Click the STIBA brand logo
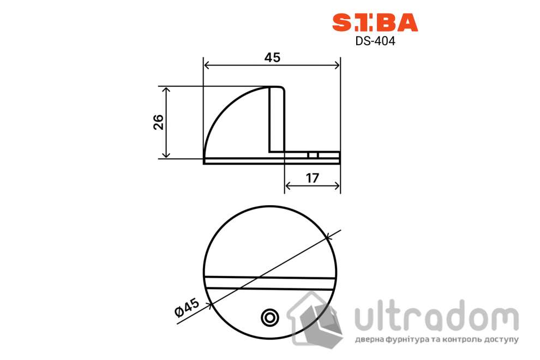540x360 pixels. click(375, 22)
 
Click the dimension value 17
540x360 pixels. click(312, 177)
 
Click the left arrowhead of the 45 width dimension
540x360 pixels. click(206, 65)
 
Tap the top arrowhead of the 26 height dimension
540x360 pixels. click(167, 89)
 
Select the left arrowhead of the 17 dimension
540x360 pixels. click(288, 185)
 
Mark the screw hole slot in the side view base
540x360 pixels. click(313, 155)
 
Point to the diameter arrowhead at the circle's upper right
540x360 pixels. click(327, 237)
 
